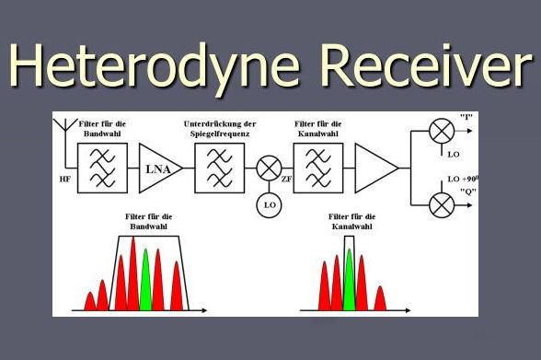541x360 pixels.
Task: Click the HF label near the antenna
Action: (x=64, y=180)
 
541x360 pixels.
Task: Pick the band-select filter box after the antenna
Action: (x=102, y=168)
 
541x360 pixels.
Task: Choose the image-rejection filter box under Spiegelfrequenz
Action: (x=219, y=168)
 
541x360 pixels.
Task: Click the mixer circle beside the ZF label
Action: (x=269, y=168)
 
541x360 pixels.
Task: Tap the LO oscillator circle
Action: (x=269, y=205)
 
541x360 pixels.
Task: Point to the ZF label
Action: (x=287, y=180)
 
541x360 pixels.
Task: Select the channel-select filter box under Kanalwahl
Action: (x=318, y=168)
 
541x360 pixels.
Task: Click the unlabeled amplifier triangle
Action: (x=377, y=168)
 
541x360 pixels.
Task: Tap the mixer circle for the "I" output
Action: (x=442, y=131)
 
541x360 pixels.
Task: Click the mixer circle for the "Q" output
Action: (x=442, y=205)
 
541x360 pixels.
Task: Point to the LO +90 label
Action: (x=463, y=179)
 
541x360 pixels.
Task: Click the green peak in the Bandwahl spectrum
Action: (x=145, y=280)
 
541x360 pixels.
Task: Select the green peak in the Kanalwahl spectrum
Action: (x=350, y=280)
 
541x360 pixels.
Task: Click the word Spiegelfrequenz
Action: (x=220, y=134)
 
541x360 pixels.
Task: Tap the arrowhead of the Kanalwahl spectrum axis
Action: (x=408, y=310)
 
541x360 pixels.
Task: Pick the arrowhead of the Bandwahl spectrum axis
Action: (x=204, y=310)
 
